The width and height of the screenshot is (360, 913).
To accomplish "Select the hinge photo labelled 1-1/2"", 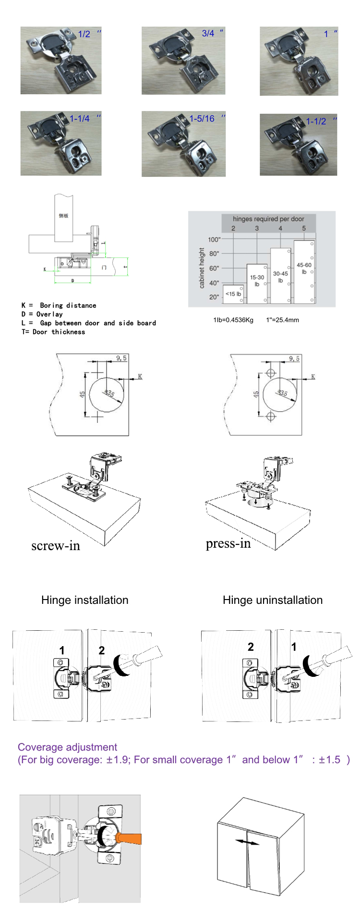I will click(298, 144).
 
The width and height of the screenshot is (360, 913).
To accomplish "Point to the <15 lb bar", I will click(234, 294).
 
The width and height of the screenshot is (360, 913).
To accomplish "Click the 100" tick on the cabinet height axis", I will click(214, 240).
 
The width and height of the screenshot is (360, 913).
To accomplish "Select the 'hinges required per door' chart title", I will click(268, 219).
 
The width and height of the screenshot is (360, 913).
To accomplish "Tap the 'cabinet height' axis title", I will click(202, 268).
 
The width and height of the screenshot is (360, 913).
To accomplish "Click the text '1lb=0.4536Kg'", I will click(233, 320).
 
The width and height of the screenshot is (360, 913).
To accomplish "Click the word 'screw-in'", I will click(56, 546).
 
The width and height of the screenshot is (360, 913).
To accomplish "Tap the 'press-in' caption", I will click(228, 543).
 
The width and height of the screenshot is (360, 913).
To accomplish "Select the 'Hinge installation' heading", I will click(84, 600).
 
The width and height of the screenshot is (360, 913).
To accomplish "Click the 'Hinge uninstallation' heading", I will click(272, 600).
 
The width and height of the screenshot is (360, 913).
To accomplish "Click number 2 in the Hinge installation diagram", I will click(102, 650).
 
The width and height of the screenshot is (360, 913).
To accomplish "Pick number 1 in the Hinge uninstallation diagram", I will click(294, 647).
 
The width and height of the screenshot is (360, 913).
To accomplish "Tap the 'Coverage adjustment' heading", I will click(67, 747).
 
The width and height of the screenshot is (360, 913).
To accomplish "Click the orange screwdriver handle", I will click(129, 839).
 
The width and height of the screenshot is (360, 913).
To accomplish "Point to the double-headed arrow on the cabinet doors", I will click(247, 842).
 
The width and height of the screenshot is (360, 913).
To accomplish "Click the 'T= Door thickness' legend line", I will click(53, 332).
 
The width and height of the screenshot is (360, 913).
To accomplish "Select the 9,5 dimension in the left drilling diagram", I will click(121, 358).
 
